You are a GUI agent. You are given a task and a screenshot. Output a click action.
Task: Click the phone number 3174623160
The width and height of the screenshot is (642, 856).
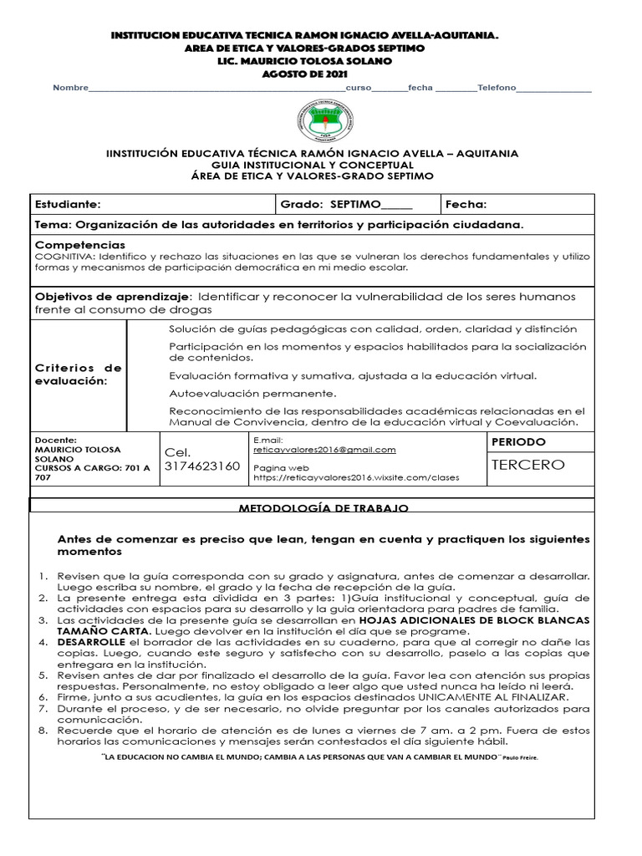202,466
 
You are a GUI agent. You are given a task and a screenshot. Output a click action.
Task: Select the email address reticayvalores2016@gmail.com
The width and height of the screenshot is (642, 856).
324,450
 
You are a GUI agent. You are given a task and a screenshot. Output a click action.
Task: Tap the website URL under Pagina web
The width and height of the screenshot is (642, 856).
355,478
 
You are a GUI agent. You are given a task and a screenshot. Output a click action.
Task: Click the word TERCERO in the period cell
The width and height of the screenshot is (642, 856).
527,465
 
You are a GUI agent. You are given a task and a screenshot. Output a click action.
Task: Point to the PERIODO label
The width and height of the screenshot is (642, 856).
518,441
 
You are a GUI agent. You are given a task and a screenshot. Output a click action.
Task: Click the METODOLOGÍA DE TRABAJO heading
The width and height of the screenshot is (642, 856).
324,508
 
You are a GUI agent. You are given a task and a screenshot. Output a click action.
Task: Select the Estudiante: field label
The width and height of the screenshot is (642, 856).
68,204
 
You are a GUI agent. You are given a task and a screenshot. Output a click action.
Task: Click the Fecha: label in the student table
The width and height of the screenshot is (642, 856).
466,204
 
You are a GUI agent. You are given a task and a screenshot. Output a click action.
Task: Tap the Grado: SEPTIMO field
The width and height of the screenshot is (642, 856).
346,204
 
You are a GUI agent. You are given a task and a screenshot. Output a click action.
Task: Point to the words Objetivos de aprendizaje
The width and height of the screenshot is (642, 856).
112,297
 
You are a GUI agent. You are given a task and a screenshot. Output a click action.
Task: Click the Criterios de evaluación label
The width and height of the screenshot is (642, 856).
78,374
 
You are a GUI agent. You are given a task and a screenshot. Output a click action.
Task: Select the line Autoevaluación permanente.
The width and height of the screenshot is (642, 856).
252,393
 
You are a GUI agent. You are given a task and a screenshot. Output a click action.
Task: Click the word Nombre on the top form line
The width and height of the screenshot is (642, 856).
70,89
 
